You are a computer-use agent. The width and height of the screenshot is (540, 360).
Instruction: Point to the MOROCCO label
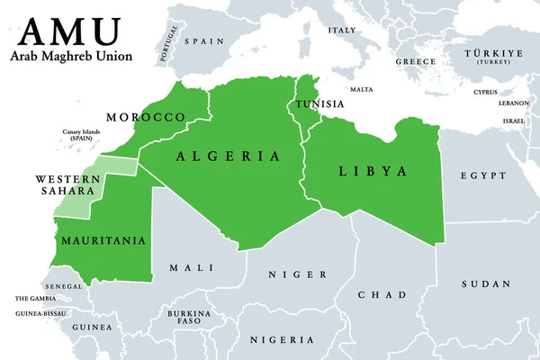146,118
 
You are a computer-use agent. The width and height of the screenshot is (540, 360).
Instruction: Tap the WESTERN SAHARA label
67,185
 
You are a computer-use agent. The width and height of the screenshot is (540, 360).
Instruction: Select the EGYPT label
482,175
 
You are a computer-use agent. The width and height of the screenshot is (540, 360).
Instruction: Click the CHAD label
382,294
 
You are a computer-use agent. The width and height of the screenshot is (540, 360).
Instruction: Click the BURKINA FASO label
193,317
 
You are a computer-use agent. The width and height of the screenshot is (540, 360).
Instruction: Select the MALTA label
362,89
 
